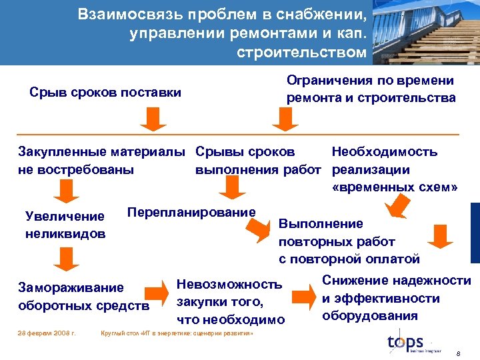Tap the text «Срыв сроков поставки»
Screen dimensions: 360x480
coord(105,93)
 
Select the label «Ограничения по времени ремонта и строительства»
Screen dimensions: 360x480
coord(371,89)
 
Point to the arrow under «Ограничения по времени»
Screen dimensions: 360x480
coord(285,119)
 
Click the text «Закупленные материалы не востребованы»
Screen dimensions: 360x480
coord(101,160)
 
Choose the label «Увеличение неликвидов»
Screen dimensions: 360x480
coord(65,225)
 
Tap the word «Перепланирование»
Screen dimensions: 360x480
coord(191,212)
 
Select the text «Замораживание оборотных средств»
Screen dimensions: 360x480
coord(82,297)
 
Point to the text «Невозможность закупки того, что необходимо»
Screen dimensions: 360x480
coord(229,302)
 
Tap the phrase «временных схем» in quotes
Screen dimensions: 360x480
coord(395,187)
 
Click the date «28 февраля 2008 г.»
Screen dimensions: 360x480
coord(47,332)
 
